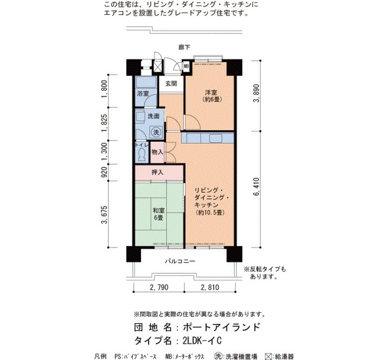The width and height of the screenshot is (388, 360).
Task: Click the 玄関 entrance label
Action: (x=171, y=84)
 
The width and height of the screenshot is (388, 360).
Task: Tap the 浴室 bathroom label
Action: (x=143, y=94)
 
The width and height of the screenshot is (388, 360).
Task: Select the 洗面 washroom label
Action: (x=154, y=116)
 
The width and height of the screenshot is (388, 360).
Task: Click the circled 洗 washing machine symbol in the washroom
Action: (x=156, y=132)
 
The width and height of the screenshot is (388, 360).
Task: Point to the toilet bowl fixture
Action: (x=142, y=155)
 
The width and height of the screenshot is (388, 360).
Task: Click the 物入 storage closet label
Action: (x=157, y=152)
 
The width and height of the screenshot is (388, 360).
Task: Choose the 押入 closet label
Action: (x=157, y=172)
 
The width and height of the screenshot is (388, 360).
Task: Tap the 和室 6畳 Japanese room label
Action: (x=159, y=214)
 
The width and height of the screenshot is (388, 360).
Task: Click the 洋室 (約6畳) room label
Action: (x=212, y=96)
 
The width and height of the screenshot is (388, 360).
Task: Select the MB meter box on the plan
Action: (x=186, y=66)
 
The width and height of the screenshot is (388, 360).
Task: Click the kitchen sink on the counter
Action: (x=216, y=138)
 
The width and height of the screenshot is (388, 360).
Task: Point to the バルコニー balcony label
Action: (x=180, y=261)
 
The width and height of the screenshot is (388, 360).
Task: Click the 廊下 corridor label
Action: (x=185, y=47)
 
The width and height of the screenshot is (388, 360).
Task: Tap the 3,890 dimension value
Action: (x=257, y=93)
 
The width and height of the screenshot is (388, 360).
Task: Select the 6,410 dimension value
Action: (x=257, y=187)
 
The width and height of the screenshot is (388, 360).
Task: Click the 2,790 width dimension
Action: (x=159, y=287)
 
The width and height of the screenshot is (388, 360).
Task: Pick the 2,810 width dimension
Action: (x=210, y=287)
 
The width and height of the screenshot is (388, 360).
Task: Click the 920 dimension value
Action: (x=105, y=172)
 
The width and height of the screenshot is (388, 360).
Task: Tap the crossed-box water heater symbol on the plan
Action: (x=157, y=66)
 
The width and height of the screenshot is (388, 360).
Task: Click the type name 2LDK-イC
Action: (x=202, y=341)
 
